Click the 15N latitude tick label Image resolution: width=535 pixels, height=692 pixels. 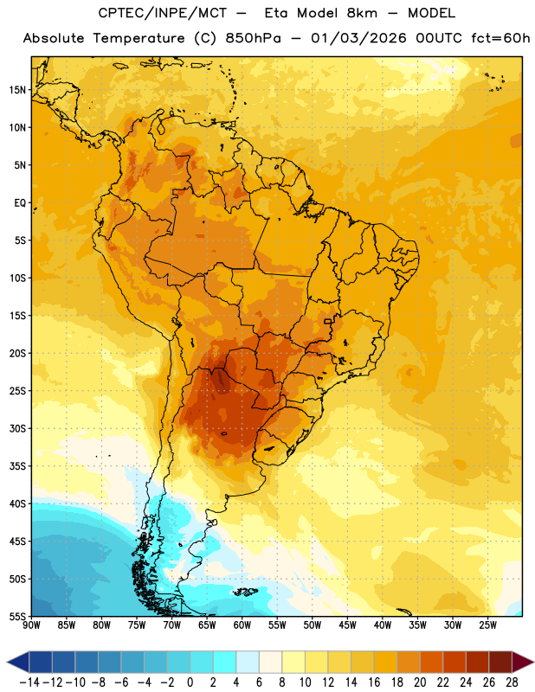point(17,90)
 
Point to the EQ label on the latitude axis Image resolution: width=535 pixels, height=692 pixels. point(20,203)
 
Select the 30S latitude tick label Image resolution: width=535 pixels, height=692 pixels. point(17,428)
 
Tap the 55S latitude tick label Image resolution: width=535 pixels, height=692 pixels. point(17,616)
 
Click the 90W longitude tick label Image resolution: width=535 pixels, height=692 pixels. point(31,625)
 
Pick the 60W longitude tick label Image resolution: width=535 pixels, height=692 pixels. point(242,625)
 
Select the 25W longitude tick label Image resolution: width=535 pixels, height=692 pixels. point(487,625)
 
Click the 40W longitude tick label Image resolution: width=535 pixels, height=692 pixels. point(383,625)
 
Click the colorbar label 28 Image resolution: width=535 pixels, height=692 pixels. point(512,682)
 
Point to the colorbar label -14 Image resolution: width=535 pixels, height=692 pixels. point(29,682)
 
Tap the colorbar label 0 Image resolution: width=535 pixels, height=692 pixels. point(190,682)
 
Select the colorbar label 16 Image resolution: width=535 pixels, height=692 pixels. point(374,682)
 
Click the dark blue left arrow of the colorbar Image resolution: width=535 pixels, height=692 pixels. point(20,662)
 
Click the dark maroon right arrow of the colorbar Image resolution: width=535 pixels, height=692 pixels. point(521,662)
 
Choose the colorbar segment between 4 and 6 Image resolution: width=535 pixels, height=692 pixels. point(248,662)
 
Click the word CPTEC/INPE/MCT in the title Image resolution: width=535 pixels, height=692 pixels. point(163,13)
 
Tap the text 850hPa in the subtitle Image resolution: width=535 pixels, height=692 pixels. point(253,38)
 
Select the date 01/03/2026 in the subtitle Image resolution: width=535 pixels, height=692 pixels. point(358,38)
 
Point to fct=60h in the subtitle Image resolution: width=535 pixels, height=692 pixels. point(500,38)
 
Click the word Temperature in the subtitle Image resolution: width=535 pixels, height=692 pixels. point(139,39)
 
